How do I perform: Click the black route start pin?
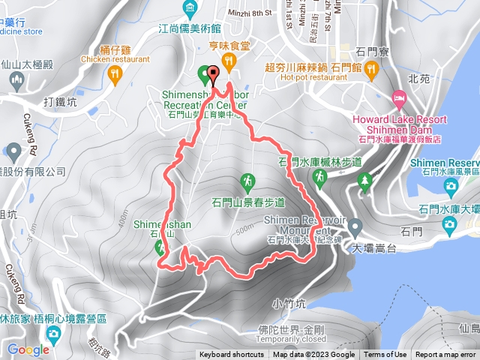213,75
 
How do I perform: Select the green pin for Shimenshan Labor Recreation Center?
202,73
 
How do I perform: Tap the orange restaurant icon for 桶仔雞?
114,73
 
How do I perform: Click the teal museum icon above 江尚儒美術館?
190,10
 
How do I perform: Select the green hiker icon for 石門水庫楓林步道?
320,176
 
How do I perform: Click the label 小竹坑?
290,304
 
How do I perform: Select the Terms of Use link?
385,355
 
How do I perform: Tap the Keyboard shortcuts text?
231,355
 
